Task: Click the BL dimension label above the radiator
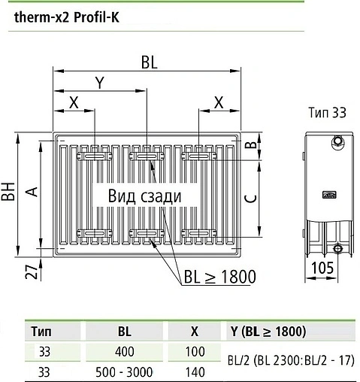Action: click(x=148, y=64)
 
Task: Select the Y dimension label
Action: click(x=98, y=84)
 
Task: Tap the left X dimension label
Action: click(x=73, y=103)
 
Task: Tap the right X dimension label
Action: click(x=219, y=103)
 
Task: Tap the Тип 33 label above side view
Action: click(x=328, y=113)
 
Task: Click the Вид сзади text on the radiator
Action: click(x=144, y=196)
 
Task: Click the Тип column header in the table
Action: click(x=41, y=331)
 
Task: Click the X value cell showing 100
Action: click(x=195, y=350)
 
